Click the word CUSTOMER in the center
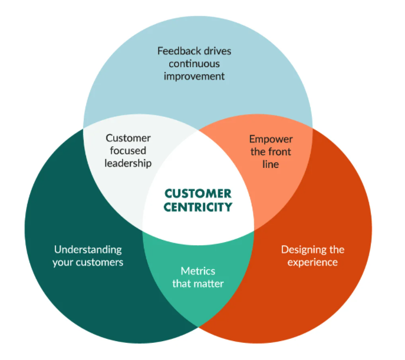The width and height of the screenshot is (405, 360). pos(197,193)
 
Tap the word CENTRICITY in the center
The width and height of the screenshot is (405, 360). pos(197,207)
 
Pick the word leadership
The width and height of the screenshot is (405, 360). pos(128,163)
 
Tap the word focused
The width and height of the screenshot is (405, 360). pos(128,150)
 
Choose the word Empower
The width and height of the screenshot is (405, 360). pos(271,139)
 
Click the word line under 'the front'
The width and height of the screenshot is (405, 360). pos(271,164)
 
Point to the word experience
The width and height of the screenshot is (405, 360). pos(312,262)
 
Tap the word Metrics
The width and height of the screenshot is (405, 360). pos(197,272)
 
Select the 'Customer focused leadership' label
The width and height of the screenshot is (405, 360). pos(128,150)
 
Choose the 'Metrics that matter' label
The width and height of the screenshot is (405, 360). pos(197,278)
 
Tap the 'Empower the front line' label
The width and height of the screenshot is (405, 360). pos(271,151)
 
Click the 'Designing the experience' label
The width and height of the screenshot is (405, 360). pos(312,255)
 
